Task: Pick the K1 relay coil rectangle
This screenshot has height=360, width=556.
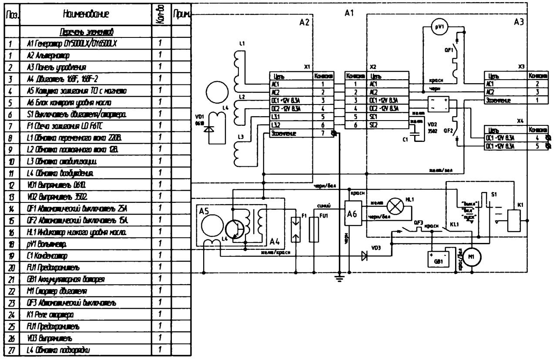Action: pos(515,220)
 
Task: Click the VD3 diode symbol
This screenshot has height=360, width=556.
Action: pos(365,256)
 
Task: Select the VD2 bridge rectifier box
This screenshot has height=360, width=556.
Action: pos(439,104)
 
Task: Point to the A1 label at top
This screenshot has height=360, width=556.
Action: pos(349,14)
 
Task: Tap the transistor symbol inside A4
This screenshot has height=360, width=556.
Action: pos(234,226)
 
